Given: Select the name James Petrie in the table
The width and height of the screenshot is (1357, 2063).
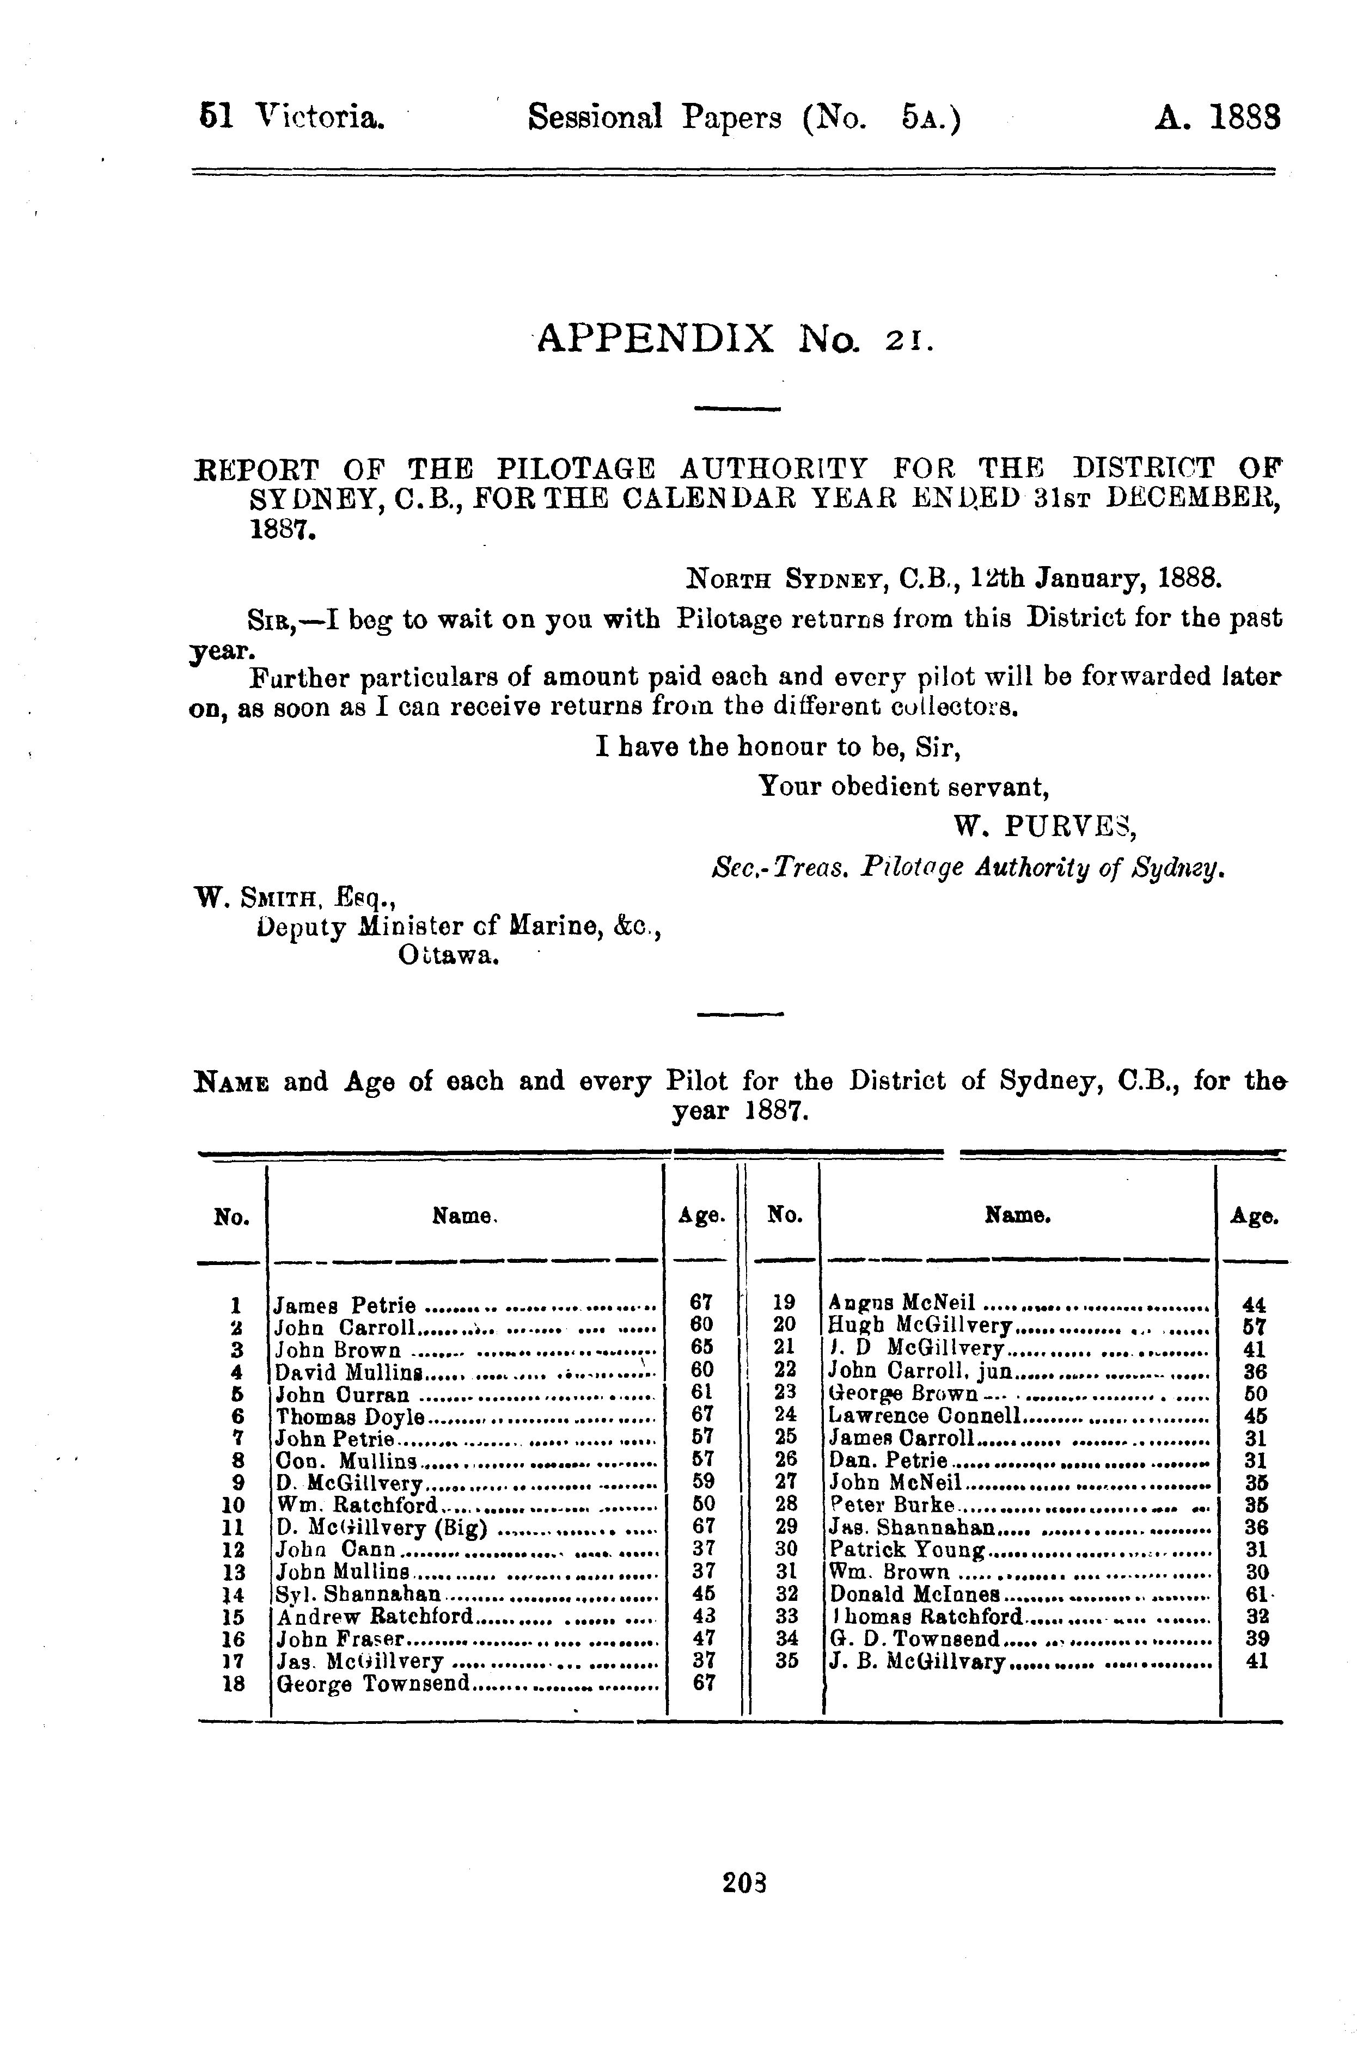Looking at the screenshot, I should click(345, 1305).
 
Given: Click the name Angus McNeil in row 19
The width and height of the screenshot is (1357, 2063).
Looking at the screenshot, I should click(902, 1302).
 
